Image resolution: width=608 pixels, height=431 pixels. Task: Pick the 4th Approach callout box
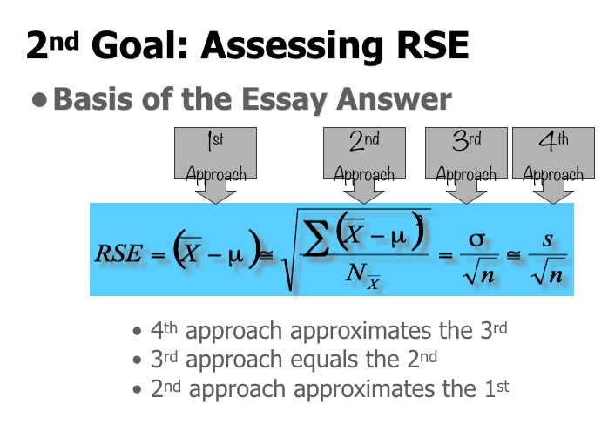[548, 156]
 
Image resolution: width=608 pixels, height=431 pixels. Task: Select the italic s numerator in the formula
[547, 238]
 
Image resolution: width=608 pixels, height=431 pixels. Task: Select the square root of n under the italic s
[548, 275]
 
